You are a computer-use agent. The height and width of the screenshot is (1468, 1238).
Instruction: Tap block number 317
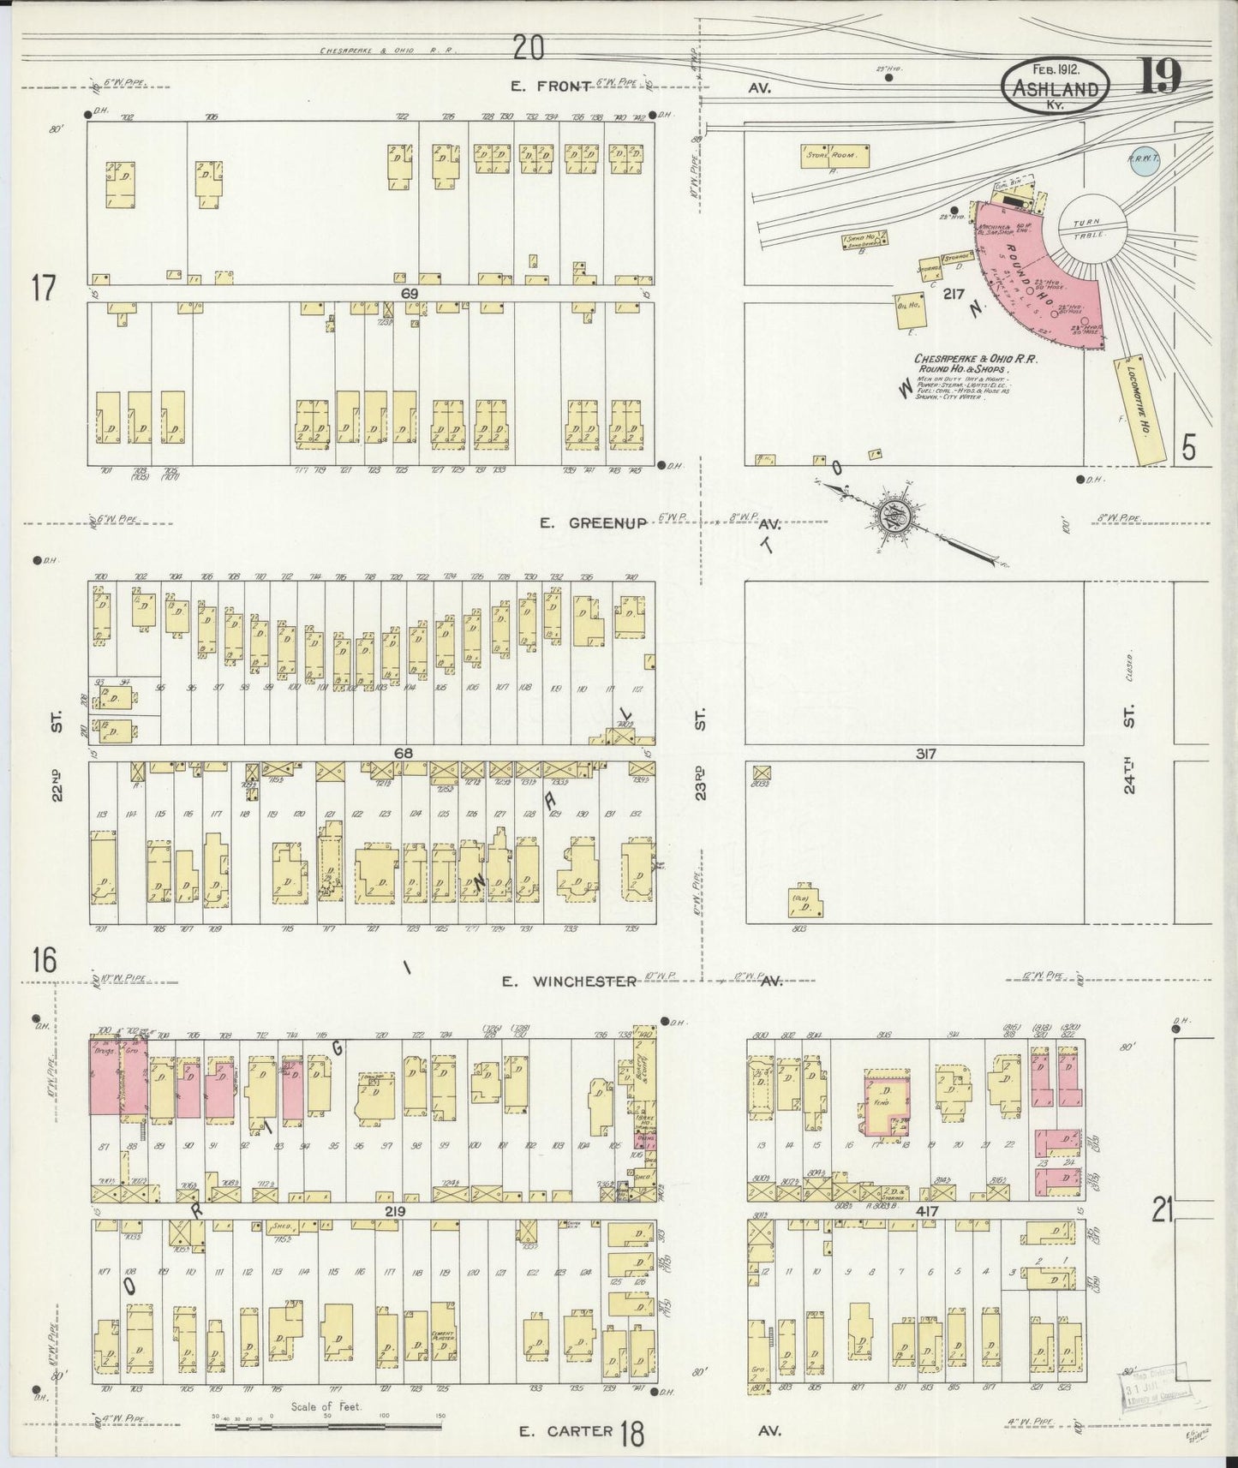click(x=924, y=754)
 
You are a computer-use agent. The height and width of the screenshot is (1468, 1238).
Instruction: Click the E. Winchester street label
click(x=569, y=981)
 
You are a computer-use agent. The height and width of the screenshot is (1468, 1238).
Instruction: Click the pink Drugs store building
click(x=106, y=1077)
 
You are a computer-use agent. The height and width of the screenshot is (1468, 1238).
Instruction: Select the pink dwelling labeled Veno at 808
click(x=885, y=1105)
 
